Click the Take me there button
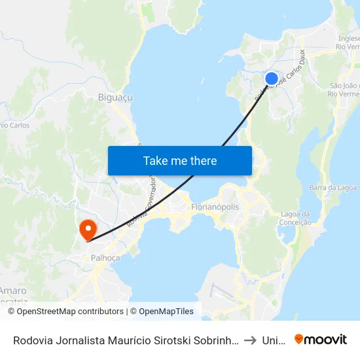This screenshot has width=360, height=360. pyautogui.click(x=179, y=160)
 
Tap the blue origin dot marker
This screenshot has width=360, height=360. pyautogui.click(x=272, y=79)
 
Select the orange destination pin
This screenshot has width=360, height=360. pyautogui.click(x=87, y=230)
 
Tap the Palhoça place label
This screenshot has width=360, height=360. pyautogui.click(x=105, y=258)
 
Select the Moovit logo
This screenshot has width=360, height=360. pyautogui.click(x=320, y=340)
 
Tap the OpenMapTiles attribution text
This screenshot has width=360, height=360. pyautogui.click(x=164, y=312)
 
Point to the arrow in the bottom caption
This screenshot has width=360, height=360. pyautogui.click(x=250, y=340)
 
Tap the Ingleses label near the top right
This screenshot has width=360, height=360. pyautogui.click(x=348, y=38)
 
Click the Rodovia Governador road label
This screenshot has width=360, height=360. pyautogui.click(x=141, y=196)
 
